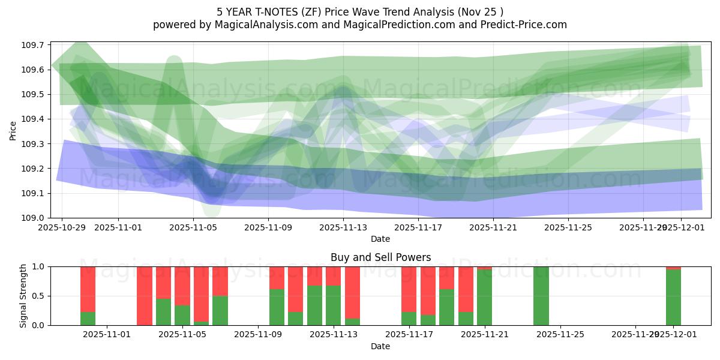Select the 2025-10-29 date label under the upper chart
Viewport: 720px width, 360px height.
pyautogui.click(x=62, y=227)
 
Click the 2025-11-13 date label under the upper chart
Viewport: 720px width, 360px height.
pyautogui.click(x=343, y=227)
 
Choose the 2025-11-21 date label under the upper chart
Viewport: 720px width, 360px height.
pyautogui.click(x=493, y=227)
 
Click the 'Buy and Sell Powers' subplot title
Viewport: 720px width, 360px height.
pyautogui.click(x=380, y=257)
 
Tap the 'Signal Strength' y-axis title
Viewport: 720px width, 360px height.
pyautogui.click(x=24, y=296)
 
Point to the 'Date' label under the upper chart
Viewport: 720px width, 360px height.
pyautogui.click(x=380, y=239)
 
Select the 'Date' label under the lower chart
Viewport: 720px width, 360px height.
pyautogui.click(x=380, y=346)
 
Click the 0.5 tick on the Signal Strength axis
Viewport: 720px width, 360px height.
pyautogui.click(x=38, y=296)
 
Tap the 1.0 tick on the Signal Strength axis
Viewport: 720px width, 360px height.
pyautogui.click(x=38, y=266)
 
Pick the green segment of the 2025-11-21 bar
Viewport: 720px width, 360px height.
pyautogui.click(x=484, y=298)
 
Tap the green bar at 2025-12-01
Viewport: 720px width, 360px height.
pyautogui.click(x=673, y=298)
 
